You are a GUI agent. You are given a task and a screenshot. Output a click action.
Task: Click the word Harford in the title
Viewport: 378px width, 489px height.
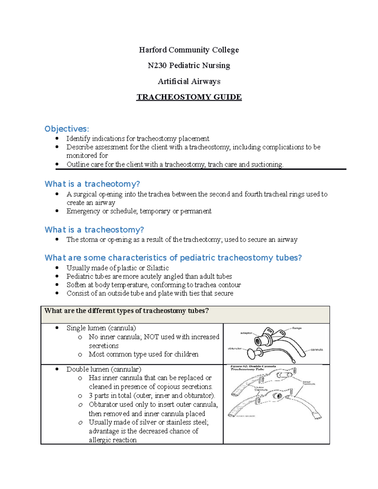point(153,50)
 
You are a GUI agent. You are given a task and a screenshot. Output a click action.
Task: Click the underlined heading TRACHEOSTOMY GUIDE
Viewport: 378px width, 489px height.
point(189,97)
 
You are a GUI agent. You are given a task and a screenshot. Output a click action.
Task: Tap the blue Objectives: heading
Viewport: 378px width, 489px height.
point(67,129)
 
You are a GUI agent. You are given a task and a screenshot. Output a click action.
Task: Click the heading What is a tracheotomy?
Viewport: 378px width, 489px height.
point(92,184)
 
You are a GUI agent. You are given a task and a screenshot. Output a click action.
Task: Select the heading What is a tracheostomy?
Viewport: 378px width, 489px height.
point(94,230)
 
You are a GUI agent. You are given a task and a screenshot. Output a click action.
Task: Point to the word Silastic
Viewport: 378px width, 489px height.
point(157,268)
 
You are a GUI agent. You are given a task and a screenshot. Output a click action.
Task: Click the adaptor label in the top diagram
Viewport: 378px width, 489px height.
point(246,333)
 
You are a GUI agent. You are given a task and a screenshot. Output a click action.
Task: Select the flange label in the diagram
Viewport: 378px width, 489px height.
point(297,328)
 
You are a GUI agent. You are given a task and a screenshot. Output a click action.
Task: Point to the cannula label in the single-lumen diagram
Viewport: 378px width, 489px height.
point(317,350)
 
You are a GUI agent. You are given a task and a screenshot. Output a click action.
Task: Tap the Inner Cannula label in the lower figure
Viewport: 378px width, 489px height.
point(309,383)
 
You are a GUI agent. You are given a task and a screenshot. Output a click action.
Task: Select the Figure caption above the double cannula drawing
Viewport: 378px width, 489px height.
point(253,368)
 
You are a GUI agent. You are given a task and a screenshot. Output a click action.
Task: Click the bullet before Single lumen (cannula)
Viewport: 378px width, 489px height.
point(57,328)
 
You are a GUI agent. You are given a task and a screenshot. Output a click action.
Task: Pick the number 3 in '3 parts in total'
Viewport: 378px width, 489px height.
point(91,395)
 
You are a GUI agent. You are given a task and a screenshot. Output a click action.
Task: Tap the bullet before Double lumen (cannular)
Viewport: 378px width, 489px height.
point(57,369)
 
